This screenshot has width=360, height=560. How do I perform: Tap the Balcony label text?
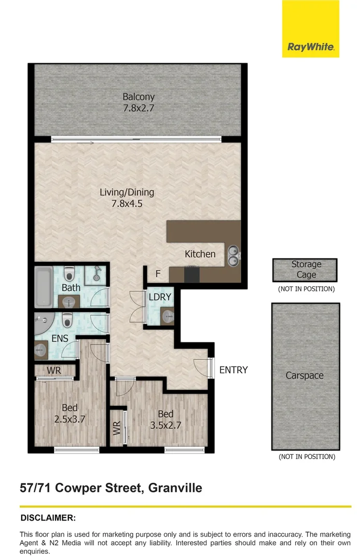tap(139, 96)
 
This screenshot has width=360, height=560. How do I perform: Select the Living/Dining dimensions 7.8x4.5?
tap(127, 204)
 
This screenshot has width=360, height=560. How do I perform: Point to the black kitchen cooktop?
tap(191, 274)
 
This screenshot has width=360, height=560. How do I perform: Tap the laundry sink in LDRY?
tap(167, 315)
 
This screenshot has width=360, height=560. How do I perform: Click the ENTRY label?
tap(233, 370)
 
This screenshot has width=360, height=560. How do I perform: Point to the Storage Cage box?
tap(304, 270)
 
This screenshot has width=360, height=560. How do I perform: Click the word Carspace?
tap(304, 375)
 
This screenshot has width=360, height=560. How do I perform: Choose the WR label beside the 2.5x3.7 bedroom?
tap(54, 371)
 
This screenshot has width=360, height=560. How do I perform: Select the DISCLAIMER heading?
tap(48, 517)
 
